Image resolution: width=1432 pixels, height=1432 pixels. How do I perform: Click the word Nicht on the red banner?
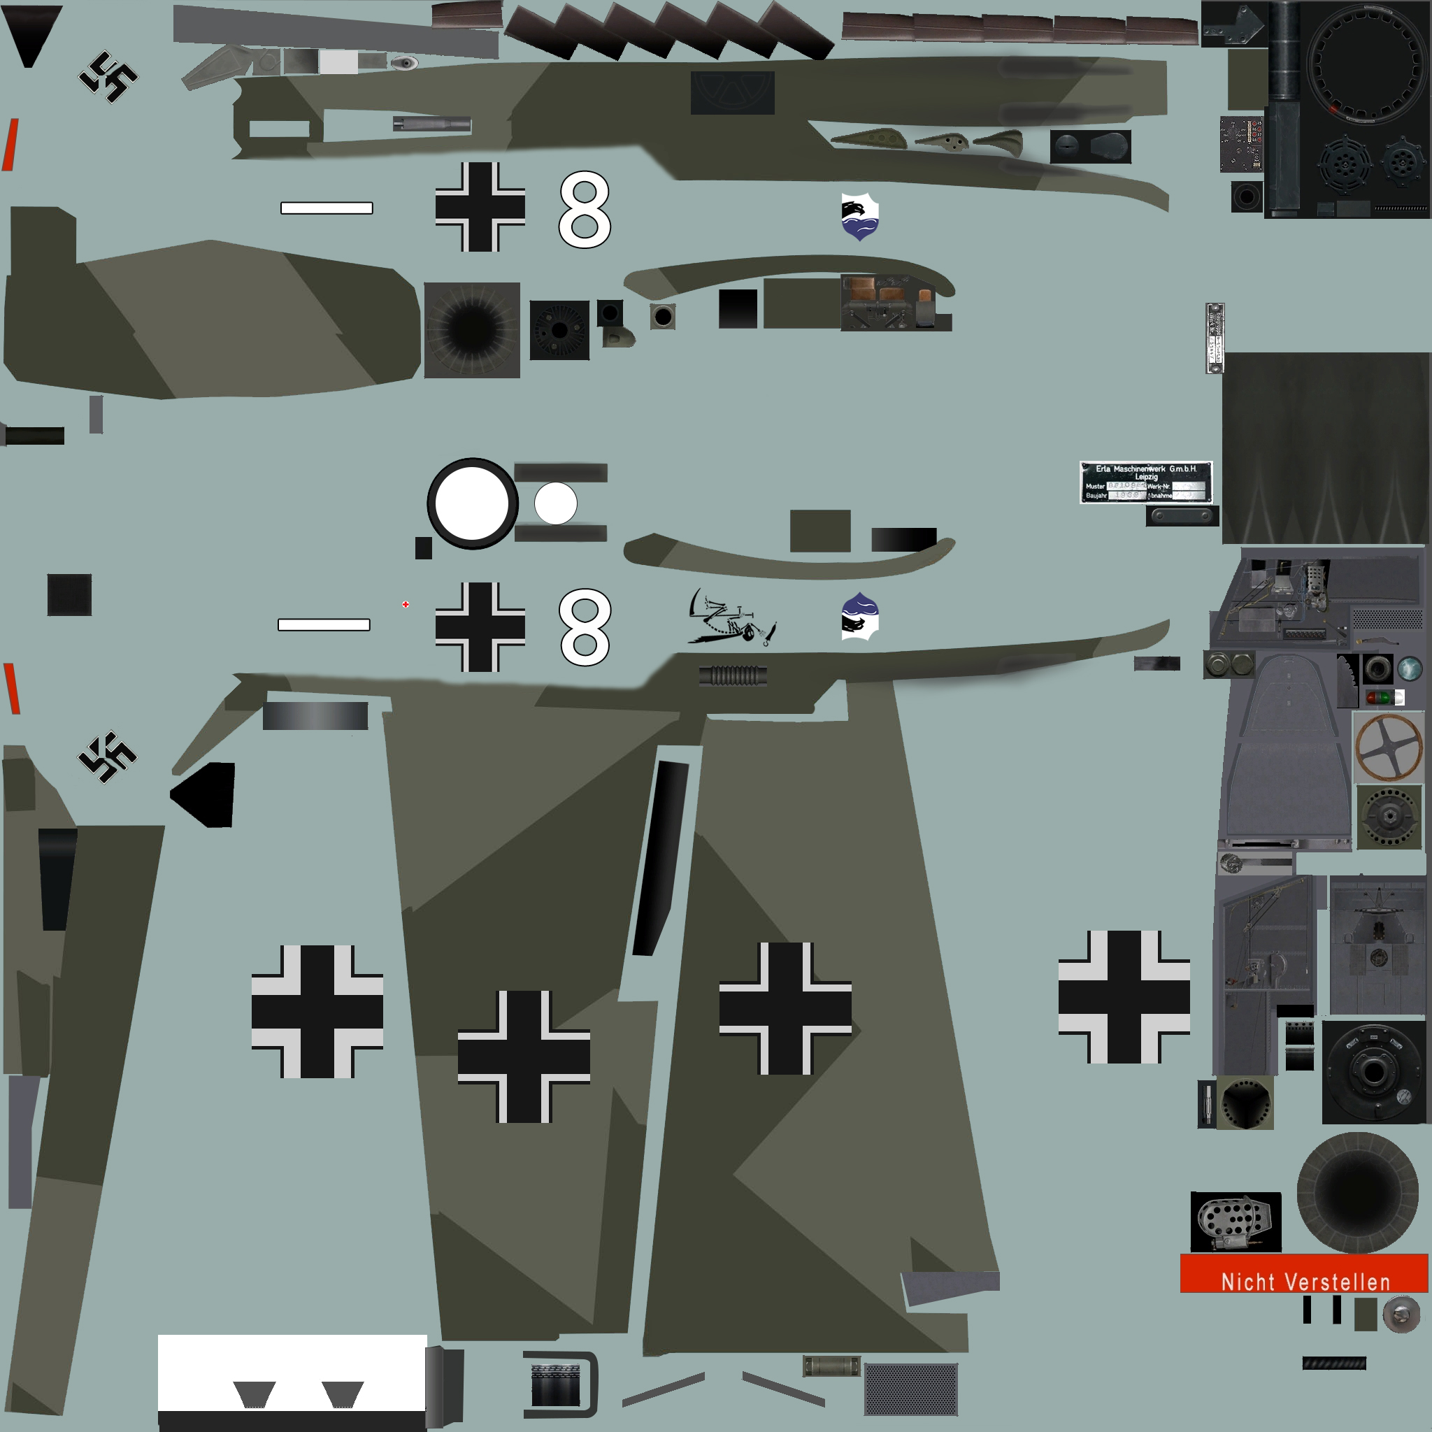click(x=1247, y=1282)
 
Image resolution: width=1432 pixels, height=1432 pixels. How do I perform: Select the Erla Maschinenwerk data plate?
click(x=1145, y=482)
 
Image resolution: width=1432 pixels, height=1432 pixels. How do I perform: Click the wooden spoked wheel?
click(x=1388, y=747)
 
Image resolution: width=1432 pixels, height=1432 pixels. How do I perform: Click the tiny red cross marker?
click(x=406, y=605)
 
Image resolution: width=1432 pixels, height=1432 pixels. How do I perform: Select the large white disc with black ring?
click(x=472, y=504)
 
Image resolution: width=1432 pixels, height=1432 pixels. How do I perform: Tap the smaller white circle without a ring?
click(x=555, y=503)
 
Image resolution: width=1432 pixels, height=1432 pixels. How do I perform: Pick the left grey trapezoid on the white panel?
click(x=255, y=1394)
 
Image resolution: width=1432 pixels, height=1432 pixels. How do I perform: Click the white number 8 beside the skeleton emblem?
click(x=585, y=627)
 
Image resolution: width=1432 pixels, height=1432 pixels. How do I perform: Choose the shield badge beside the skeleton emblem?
click(x=860, y=617)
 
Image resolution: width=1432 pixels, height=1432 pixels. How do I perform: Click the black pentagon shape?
click(x=206, y=794)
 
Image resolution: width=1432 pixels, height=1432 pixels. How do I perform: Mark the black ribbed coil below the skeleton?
click(x=732, y=675)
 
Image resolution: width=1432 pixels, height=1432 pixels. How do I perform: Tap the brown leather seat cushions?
click(x=878, y=291)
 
